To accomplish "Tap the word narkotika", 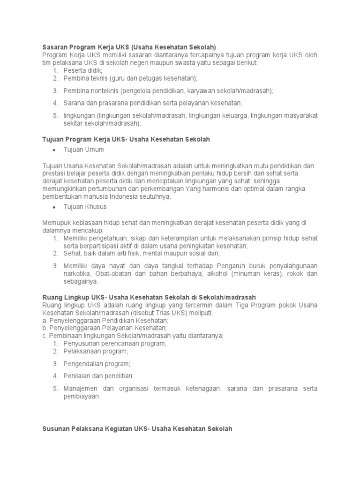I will pos(78,274).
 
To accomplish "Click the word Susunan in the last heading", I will pos(56,429).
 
